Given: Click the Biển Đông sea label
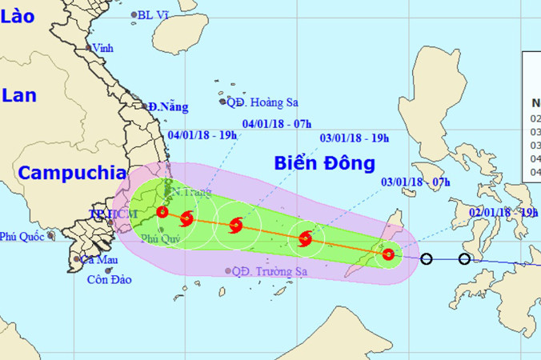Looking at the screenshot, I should coord(324,164).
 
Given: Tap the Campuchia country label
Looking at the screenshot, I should coord(72,173).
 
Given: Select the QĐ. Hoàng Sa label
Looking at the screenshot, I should coord(262,102).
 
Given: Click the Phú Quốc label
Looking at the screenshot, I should coord(22,237).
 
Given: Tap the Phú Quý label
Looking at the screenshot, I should coord(156,238).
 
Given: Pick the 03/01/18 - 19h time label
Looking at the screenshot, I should coord(355,137).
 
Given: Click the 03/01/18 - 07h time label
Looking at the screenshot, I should coord(415,182).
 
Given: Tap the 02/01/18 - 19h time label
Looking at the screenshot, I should coord(502,212).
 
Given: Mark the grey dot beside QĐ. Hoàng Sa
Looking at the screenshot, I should coord(222,102).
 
